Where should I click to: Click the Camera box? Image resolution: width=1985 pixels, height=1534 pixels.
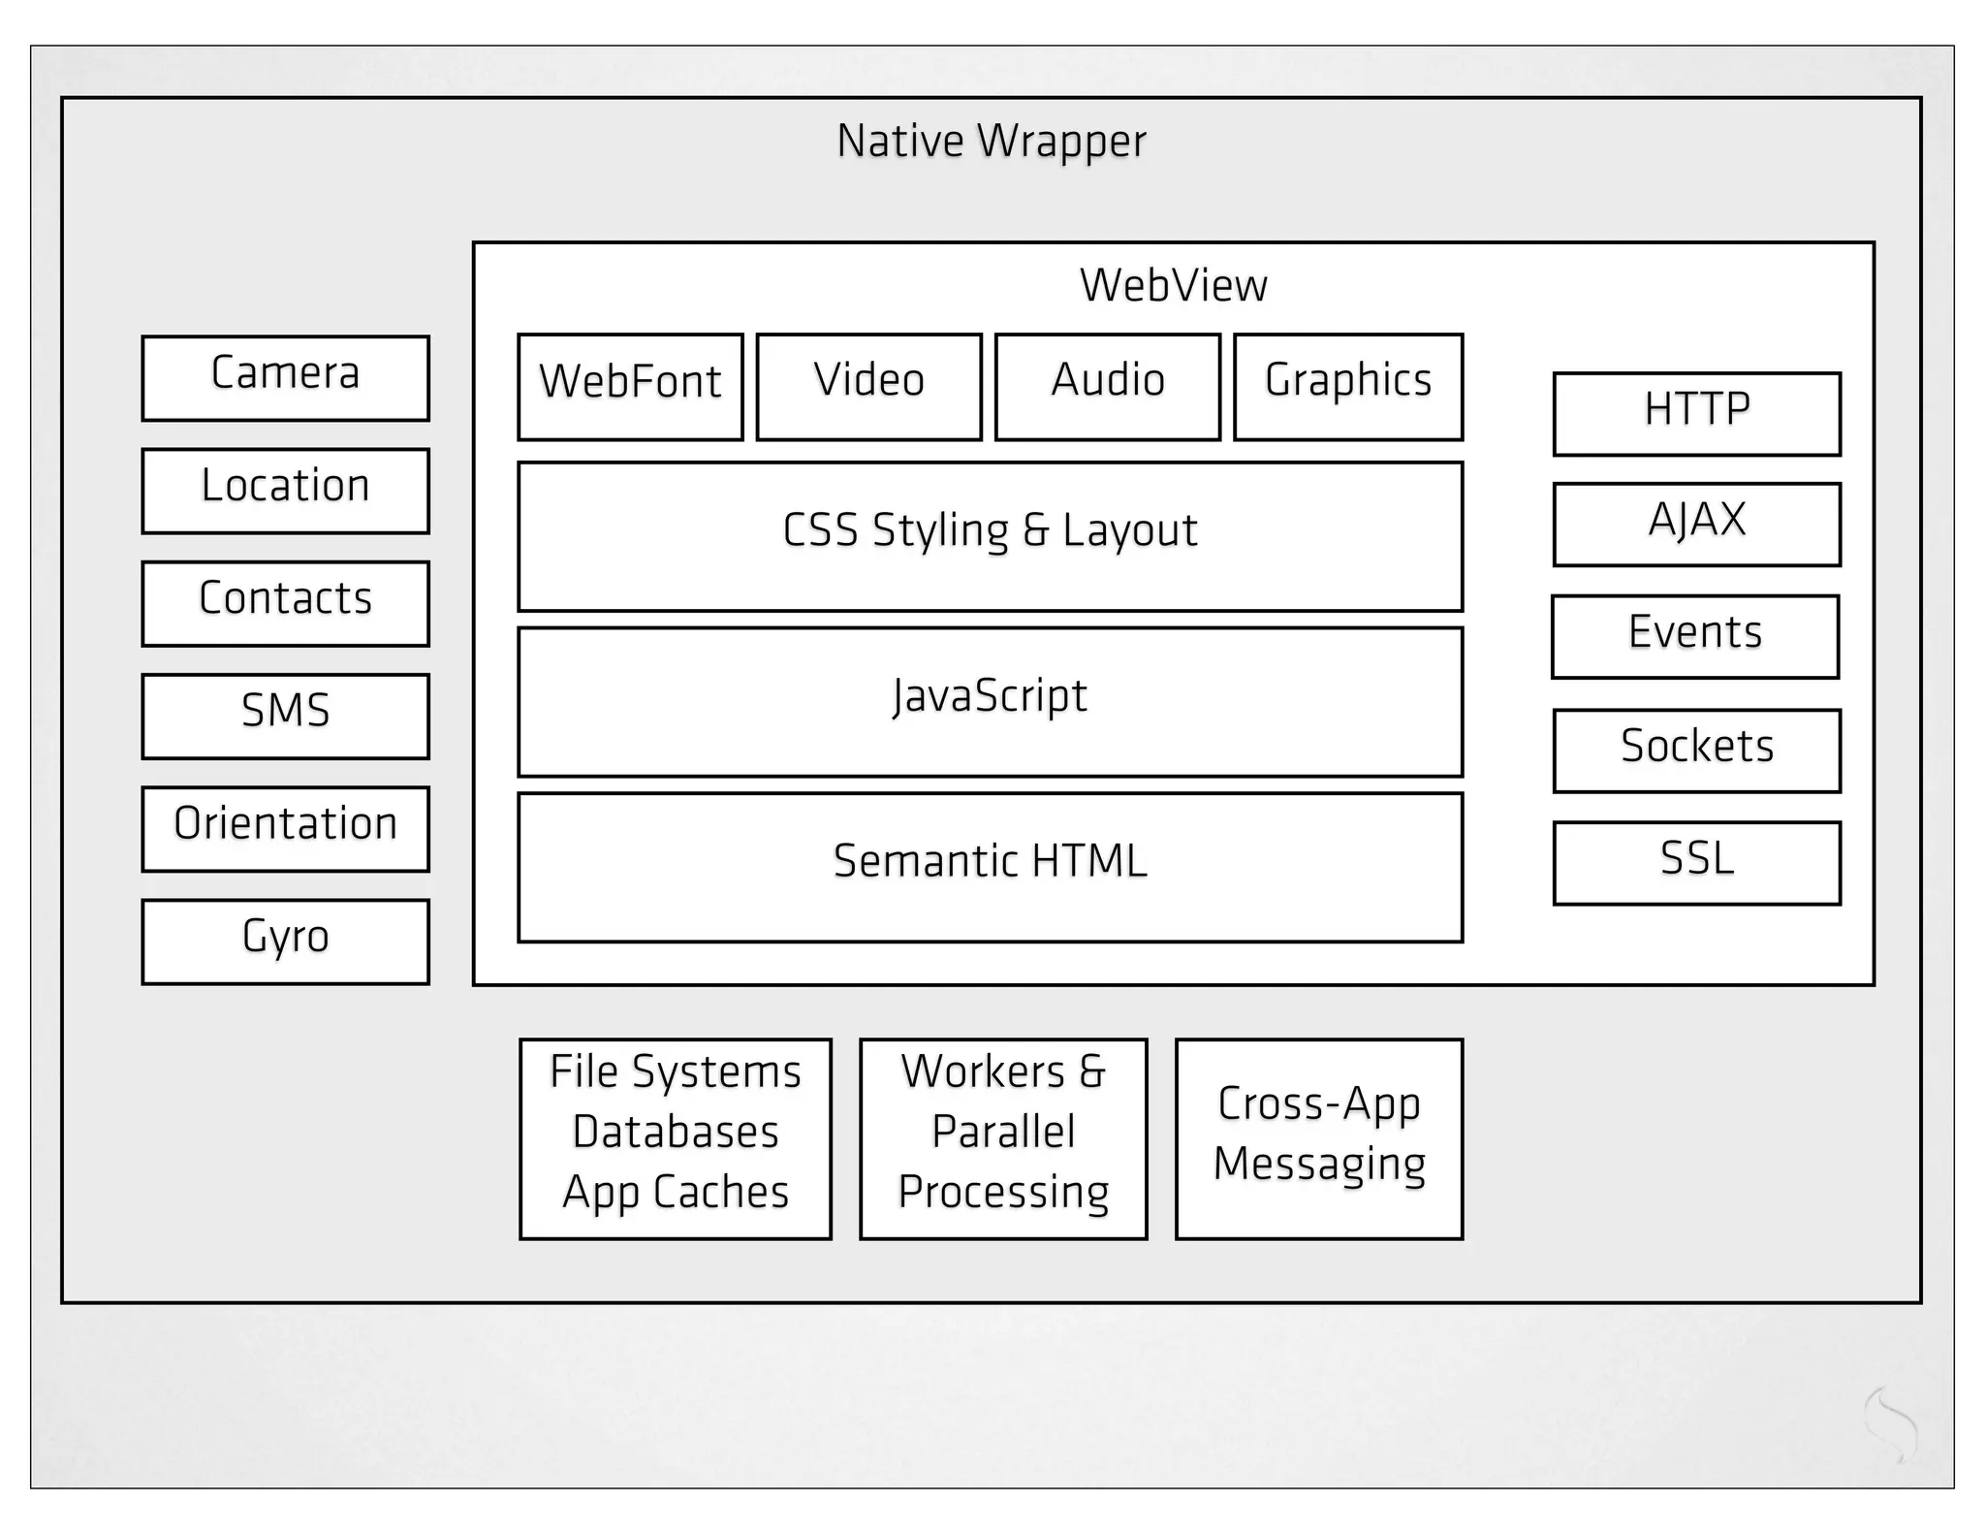pyautogui.click(x=285, y=378)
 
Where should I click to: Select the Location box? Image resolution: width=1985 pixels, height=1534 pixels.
pyautogui.click(x=285, y=491)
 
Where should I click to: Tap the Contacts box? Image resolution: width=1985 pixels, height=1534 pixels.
pyautogui.click(x=285, y=603)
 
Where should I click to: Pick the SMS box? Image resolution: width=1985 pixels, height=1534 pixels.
pyautogui.click(x=285, y=716)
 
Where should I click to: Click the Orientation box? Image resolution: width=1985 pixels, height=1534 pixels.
pyautogui.click(x=285, y=828)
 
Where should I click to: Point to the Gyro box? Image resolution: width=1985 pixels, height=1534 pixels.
pyautogui.click(x=285, y=941)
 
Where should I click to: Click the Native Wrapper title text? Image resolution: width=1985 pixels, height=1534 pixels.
pyautogui.click(x=991, y=142)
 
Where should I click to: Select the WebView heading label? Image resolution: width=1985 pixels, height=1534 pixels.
pyautogui.click(x=1173, y=285)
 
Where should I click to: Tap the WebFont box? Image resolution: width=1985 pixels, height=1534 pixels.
pyautogui.click(x=630, y=386)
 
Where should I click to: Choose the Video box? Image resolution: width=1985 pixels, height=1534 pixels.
pyautogui.click(x=868, y=386)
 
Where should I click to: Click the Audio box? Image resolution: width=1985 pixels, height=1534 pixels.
pyautogui.click(x=1107, y=386)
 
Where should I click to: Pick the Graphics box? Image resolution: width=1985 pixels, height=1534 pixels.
pyautogui.click(x=1347, y=386)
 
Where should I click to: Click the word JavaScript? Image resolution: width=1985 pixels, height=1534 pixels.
pyautogui.click(x=990, y=696)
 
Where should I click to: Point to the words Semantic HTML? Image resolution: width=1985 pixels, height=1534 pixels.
pyautogui.click(x=990, y=861)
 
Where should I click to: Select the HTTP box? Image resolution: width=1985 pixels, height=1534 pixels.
pyautogui.click(x=1696, y=413)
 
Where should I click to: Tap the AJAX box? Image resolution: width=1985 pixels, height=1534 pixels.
pyautogui.click(x=1696, y=524)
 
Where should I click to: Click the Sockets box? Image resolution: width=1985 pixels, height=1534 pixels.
pyautogui.click(x=1696, y=751)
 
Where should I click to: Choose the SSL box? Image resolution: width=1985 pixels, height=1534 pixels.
pyautogui.click(x=1696, y=863)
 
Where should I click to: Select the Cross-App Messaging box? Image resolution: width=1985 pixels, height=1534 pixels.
pyautogui.click(x=1318, y=1138)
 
